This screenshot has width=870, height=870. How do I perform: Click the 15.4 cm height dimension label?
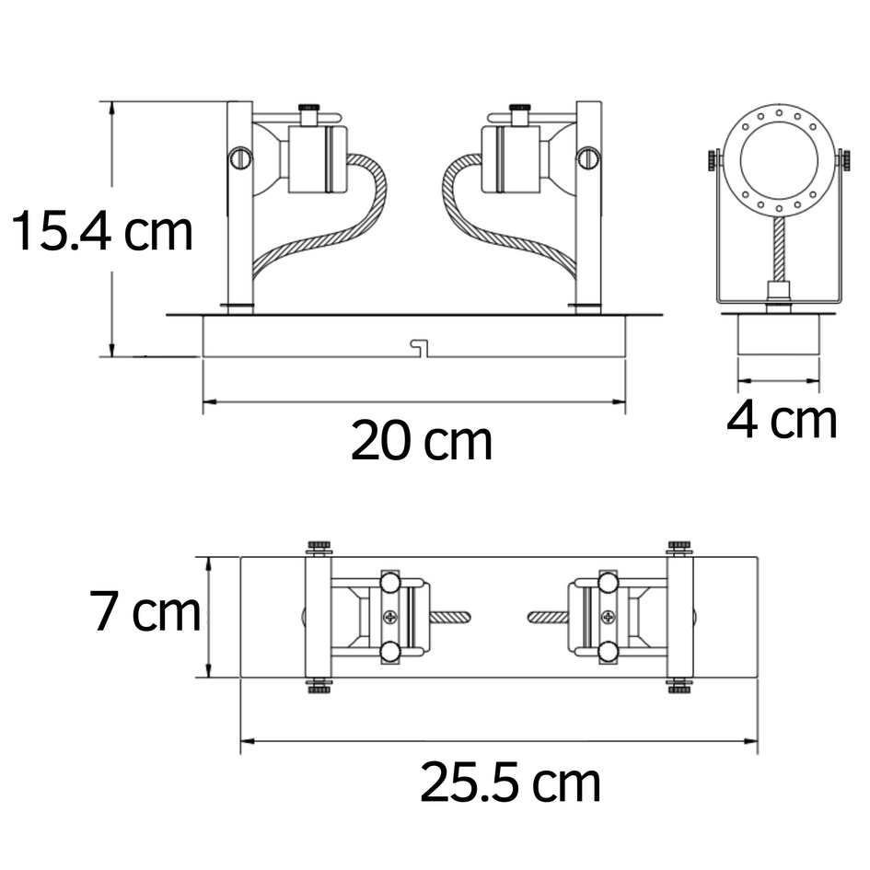click(x=101, y=232)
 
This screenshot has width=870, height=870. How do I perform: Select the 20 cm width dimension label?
click(x=421, y=442)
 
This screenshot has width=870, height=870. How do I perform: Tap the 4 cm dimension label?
click(x=782, y=421)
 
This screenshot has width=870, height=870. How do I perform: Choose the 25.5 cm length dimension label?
click(x=510, y=783)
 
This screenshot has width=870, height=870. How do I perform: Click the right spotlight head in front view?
click(x=511, y=158)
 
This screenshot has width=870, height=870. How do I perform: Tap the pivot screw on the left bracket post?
click(x=240, y=157)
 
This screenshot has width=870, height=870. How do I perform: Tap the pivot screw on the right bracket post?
click(x=587, y=157)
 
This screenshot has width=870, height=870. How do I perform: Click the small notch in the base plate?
click(x=421, y=347)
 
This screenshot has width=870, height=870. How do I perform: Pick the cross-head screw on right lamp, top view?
click(x=607, y=617)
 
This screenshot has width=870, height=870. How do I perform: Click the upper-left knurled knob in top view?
click(x=319, y=548)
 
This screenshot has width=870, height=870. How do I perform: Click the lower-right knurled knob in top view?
click(x=679, y=686)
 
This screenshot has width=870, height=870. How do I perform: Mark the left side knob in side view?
click(x=713, y=160)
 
